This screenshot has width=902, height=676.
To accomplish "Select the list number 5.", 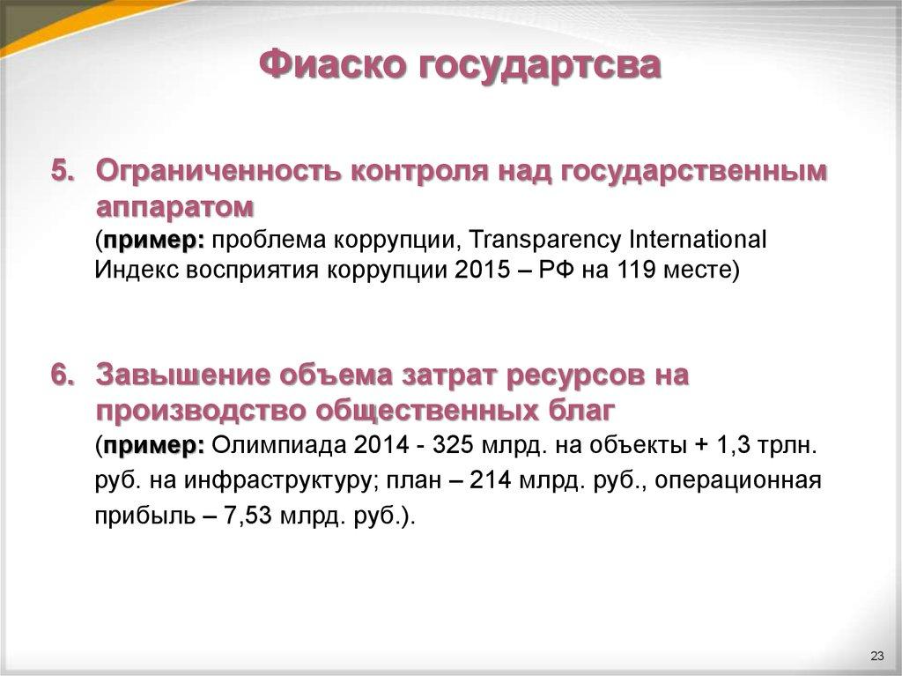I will pyautogui.click(x=62, y=171).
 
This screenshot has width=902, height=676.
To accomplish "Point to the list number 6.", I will pyautogui.click(x=62, y=375).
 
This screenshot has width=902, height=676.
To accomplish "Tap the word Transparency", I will pyautogui.click(x=534, y=239).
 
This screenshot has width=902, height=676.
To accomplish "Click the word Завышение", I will pyautogui.click(x=182, y=375).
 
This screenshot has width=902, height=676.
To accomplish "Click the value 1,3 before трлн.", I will pyautogui.click(x=733, y=445).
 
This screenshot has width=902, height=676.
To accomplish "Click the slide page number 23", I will pyautogui.click(x=876, y=655).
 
